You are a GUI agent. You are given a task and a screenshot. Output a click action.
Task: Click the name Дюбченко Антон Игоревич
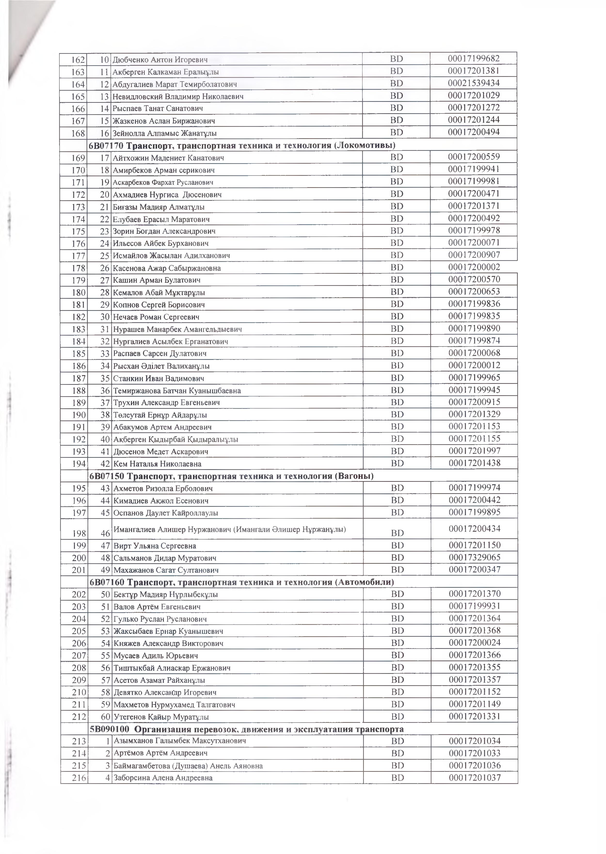click(160, 60)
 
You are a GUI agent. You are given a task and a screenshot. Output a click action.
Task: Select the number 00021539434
click(474, 83)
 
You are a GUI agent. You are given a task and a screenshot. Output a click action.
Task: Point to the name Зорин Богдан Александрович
click(164, 231)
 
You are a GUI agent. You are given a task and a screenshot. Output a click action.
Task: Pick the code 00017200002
click(474, 267)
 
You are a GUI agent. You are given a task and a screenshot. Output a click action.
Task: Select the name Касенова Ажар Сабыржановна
click(167, 268)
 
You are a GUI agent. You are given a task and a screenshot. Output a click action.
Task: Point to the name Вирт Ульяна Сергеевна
click(155, 546)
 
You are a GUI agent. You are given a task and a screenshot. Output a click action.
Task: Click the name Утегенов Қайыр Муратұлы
click(161, 717)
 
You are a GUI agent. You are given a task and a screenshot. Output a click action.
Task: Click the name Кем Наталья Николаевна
click(158, 464)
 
